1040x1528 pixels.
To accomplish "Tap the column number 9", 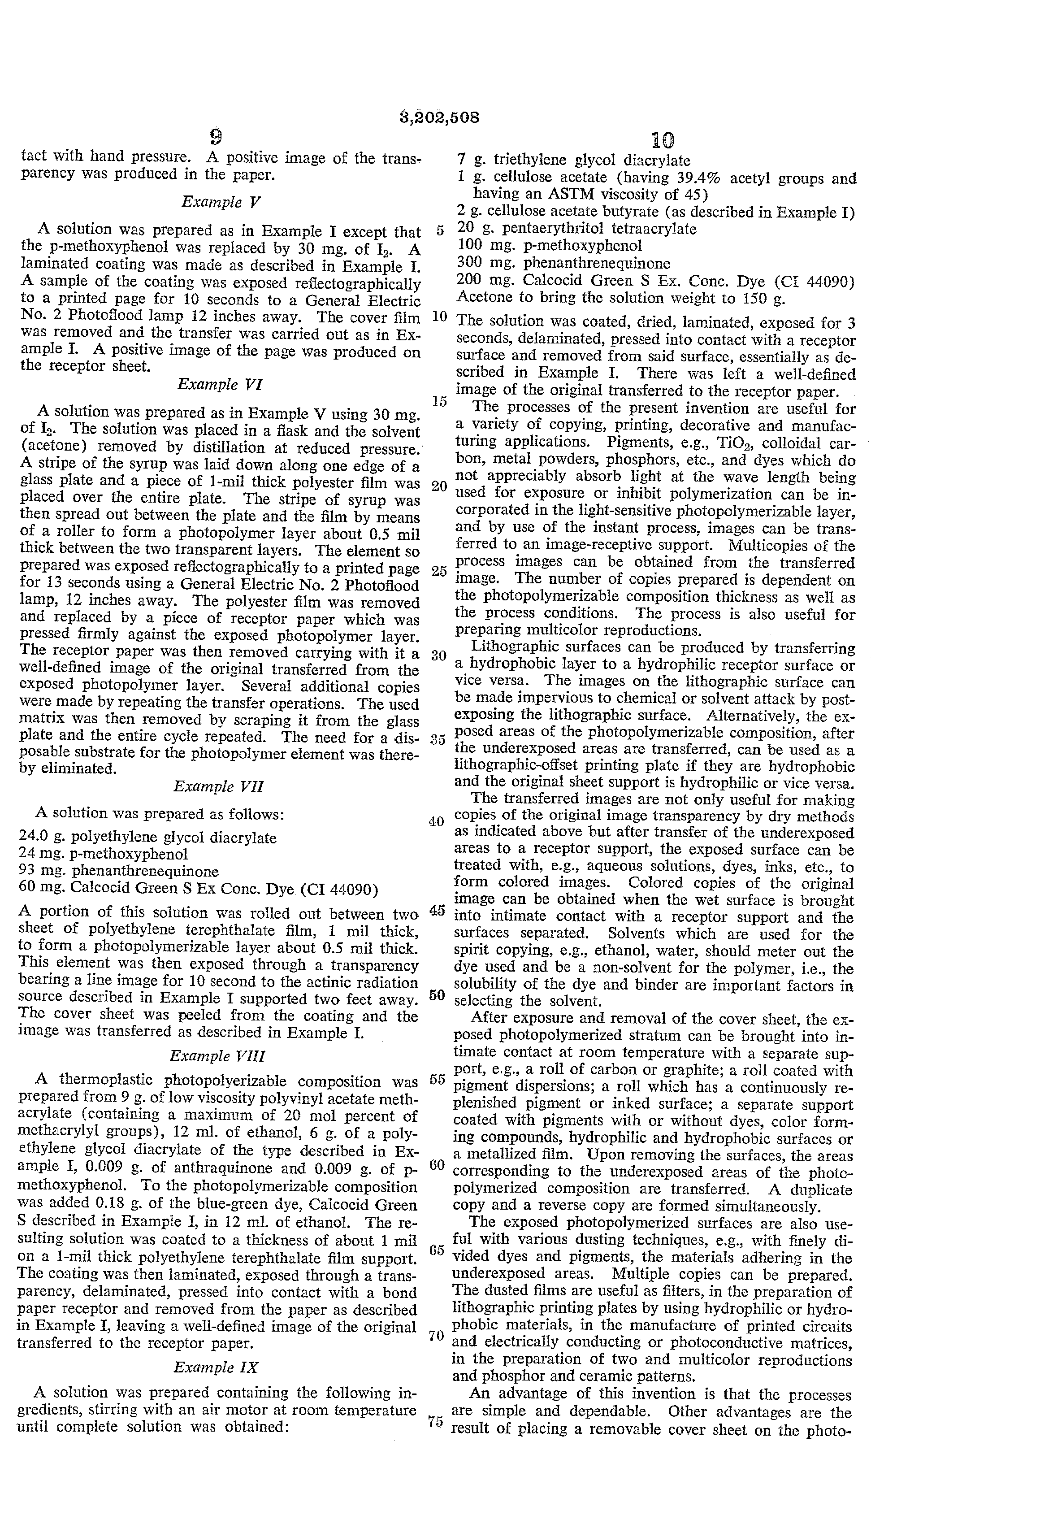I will (x=215, y=137).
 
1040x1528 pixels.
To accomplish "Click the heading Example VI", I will (x=220, y=384).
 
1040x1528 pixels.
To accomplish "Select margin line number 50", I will (x=437, y=995).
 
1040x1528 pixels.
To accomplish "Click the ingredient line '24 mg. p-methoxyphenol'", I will (x=104, y=854).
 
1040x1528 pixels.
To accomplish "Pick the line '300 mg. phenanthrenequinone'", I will (x=563, y=264).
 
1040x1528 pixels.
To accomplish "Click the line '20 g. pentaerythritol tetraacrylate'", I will (x=576, y=229).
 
